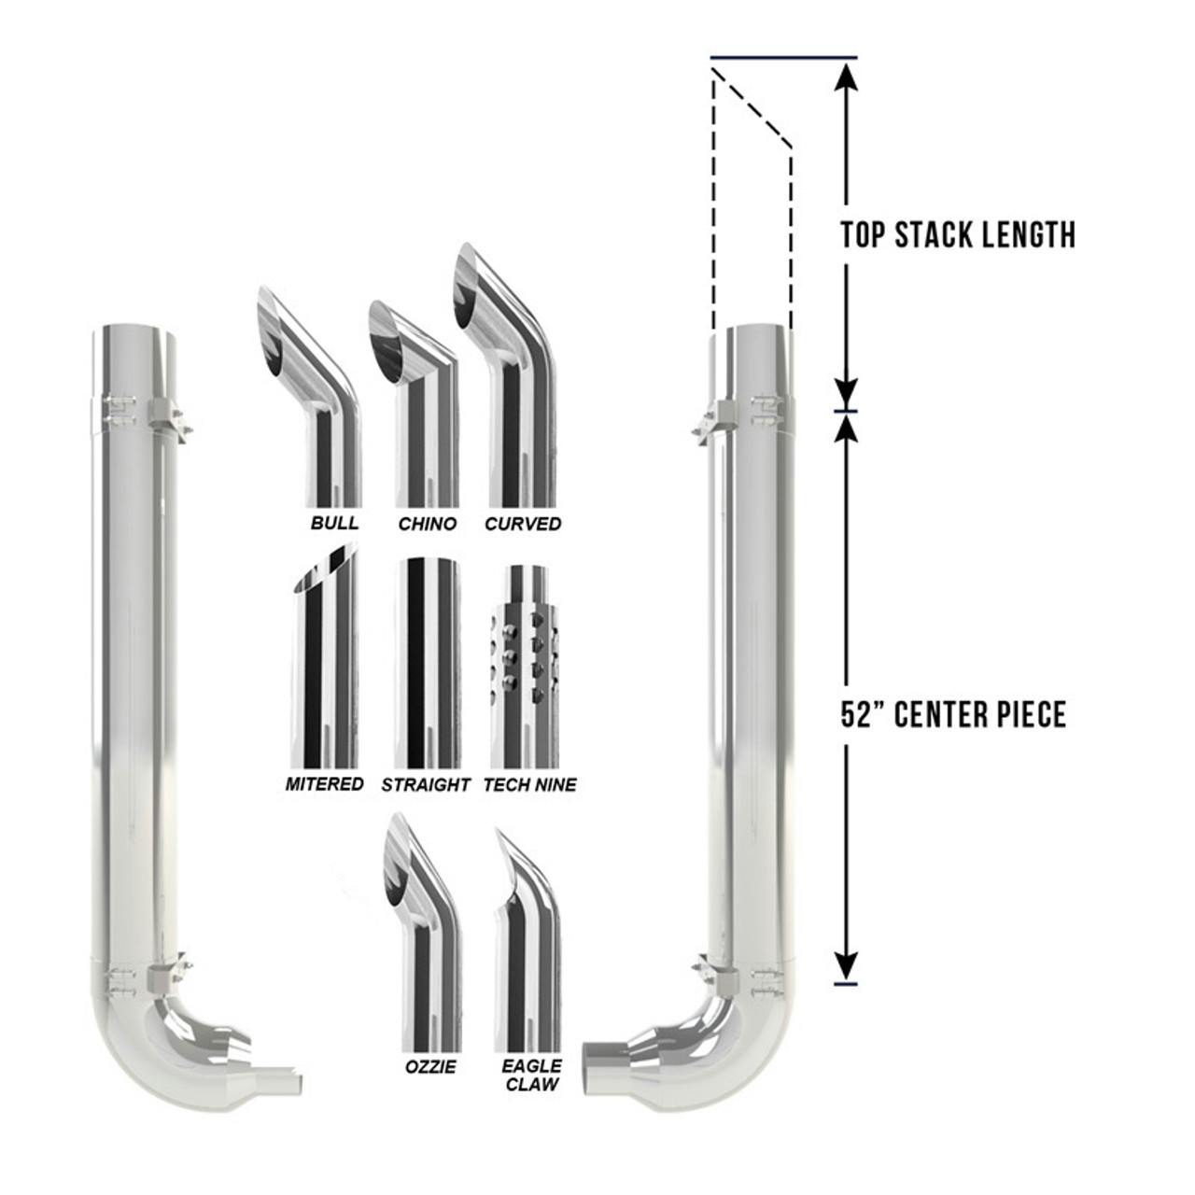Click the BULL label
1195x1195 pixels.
[334, 522]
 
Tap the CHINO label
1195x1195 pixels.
[428, 524]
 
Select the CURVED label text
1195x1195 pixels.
[523, 524]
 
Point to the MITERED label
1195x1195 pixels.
[324, 784]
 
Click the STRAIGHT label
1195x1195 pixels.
[425, 785]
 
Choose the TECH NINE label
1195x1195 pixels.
[529, 785]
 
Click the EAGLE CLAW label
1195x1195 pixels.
[531, 1075]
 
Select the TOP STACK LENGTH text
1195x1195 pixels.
[958, 234]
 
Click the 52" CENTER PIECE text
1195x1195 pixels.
[953, 715]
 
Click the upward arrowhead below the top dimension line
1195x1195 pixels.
[846, 75]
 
